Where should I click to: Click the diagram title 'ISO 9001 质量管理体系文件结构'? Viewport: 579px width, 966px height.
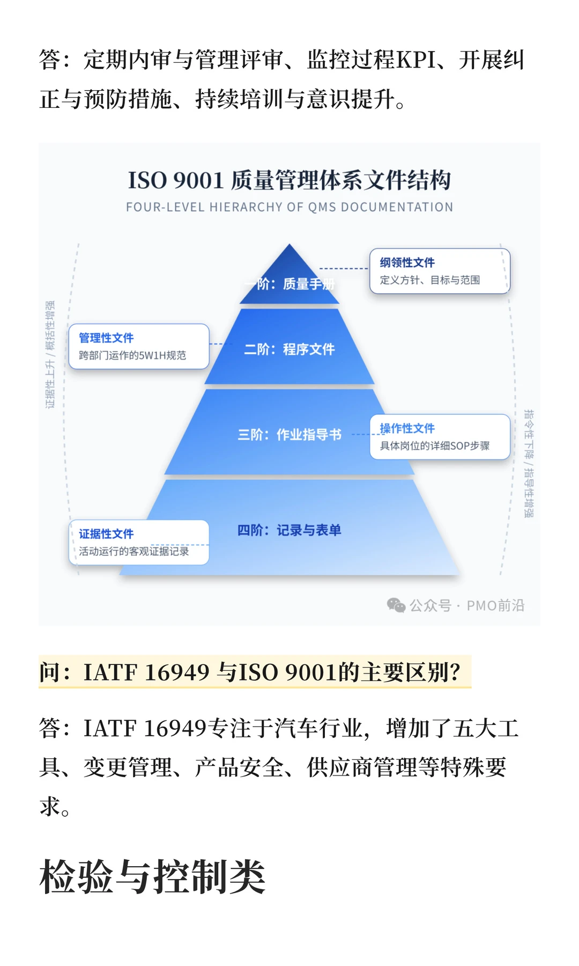click(289, 180)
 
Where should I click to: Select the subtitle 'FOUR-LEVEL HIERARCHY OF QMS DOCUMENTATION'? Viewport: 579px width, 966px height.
click(289, 207)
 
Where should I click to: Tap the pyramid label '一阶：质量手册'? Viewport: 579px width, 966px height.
click(289, 284)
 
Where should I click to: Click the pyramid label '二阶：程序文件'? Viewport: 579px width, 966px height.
click(289, 349)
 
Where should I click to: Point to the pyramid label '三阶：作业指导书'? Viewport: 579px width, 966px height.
click(289, 435)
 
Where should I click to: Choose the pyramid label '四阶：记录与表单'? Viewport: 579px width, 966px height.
click(289, 530)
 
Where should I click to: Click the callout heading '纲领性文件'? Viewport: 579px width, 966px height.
click(407, 262)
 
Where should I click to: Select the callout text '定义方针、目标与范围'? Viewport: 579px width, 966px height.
click(429, 280)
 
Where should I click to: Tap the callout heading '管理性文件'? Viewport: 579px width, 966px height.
click(106, 338)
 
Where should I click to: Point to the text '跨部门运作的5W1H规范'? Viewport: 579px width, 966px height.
click(132, 355)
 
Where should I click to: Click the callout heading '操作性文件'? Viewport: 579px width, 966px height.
click(407, 428)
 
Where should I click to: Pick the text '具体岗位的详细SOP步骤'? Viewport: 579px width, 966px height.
click(434, 446)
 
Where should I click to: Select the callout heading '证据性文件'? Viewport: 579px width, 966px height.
click(106, 534)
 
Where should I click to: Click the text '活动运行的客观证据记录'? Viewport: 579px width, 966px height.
click(133, 551)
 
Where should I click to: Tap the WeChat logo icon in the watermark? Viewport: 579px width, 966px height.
click(396, 605)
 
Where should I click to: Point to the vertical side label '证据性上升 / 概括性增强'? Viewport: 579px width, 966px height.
click(50, 354)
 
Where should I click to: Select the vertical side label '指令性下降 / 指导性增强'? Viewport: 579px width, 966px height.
click(529, 464)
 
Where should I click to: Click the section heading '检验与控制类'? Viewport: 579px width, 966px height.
click(153, 876)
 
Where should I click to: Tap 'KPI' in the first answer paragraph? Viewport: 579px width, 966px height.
click(415, 60)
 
